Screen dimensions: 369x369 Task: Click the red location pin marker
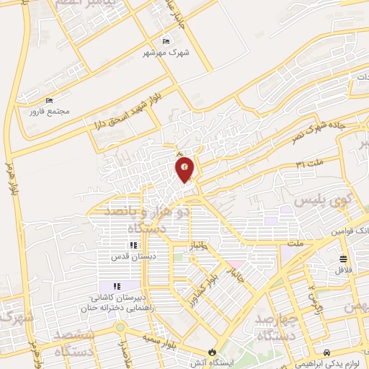[185, 169]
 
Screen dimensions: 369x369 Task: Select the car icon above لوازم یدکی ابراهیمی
[329, 353]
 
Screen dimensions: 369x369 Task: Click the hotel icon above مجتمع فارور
[49, 100]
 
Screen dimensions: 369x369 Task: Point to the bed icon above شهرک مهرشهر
[167, 42]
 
